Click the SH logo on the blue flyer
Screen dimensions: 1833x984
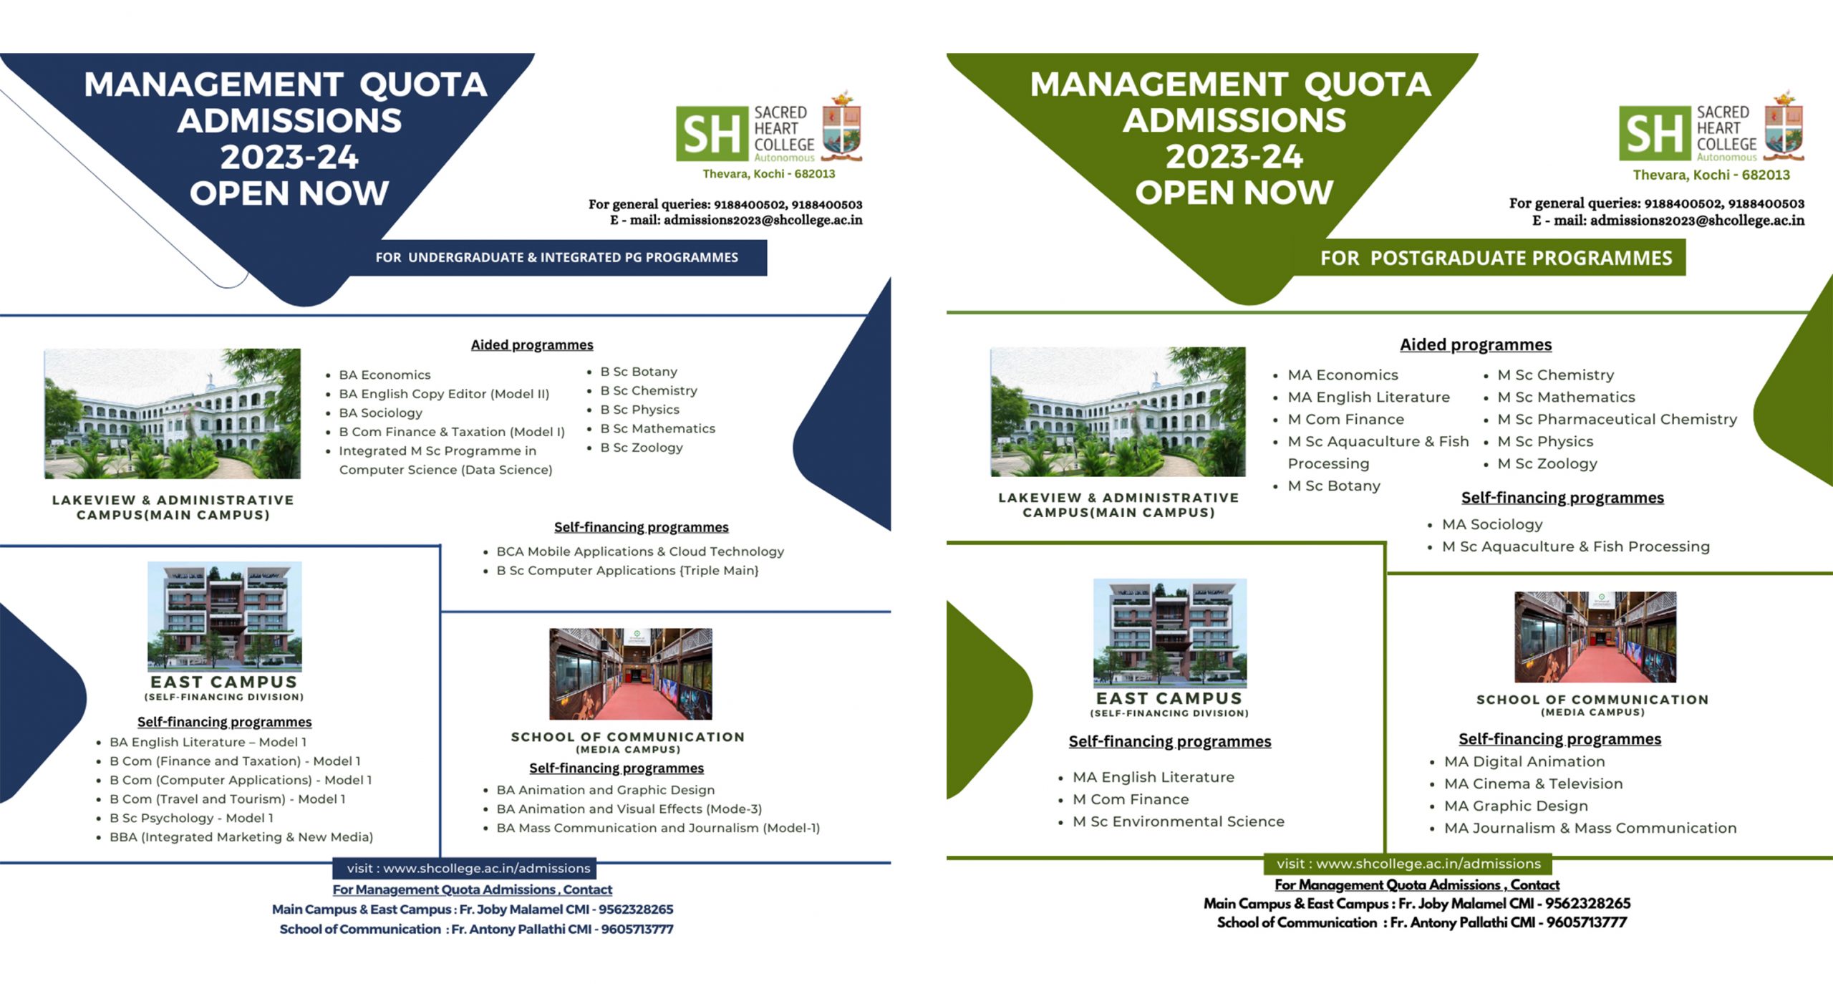[712, 134]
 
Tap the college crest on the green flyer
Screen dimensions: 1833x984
[1784, 125]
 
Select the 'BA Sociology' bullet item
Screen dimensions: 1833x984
[380, 413]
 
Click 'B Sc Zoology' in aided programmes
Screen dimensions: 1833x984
[642, 448]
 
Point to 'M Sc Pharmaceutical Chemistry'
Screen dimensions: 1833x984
[1617, 419]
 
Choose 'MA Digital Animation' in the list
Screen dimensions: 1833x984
[1524, 761]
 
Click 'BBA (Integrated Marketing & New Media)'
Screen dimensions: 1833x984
[241, 836]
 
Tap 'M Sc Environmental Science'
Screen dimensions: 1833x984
[1179, 821]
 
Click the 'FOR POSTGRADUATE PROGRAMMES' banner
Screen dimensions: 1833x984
[1496, 258]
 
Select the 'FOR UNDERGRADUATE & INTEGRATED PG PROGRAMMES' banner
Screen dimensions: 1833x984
[557, 257]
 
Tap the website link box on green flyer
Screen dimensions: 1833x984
[1408, 864]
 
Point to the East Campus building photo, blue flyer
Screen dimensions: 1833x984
[225, 617]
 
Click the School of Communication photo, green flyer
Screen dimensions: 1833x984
[1595, 637]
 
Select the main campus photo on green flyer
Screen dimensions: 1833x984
[1118, 412]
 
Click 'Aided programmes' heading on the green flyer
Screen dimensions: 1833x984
[1476, 344]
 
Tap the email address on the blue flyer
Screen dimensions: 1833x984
[763, 220]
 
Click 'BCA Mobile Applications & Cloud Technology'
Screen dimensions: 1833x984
[640, 551]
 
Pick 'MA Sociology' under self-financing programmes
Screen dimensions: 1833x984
[1492, 524]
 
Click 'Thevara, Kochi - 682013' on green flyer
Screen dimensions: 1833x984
[1711, 175]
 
